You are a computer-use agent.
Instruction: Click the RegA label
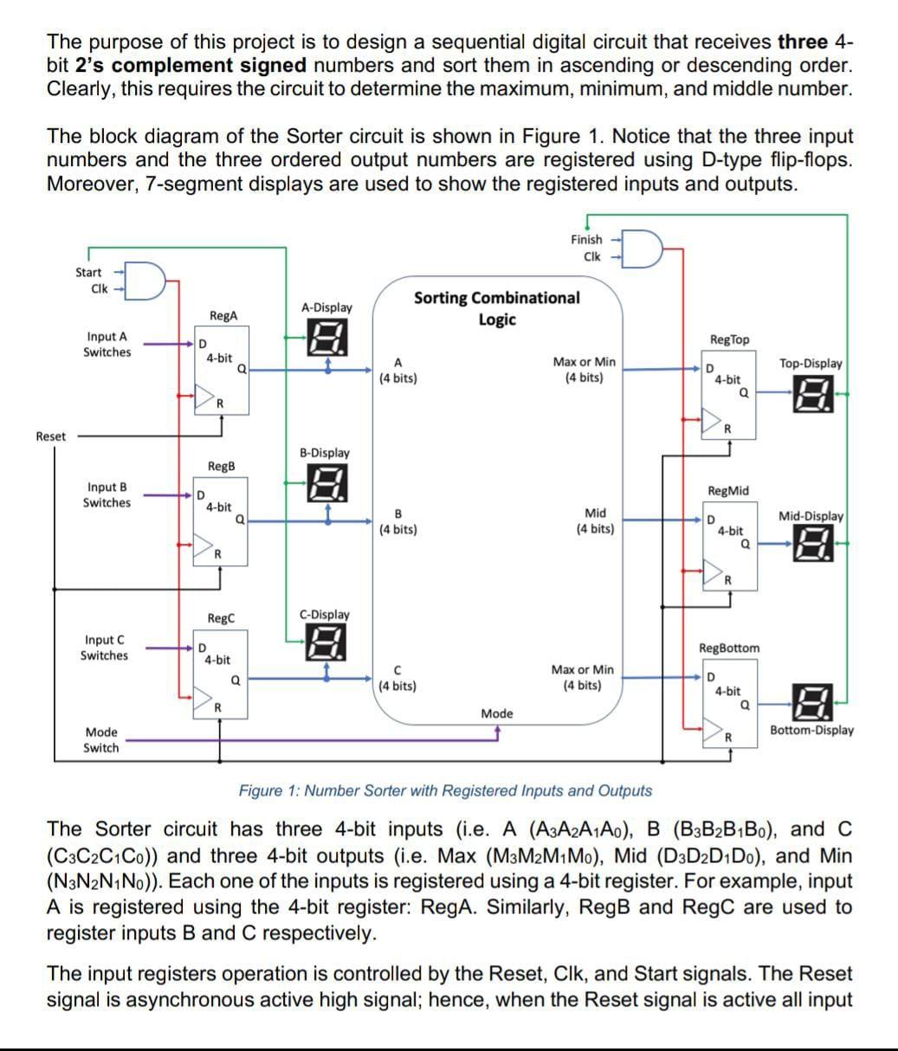click(223, 316)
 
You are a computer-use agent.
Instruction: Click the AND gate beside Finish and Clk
click(643, 247)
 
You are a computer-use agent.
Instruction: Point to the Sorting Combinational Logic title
click(496, 308)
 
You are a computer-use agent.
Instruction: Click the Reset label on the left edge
click(50, 436)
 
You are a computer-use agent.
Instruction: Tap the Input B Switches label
click(107, 494)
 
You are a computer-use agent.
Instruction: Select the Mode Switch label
click(101, 740)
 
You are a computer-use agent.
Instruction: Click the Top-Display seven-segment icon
click(820, 394)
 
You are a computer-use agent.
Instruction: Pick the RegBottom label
click(729, 648)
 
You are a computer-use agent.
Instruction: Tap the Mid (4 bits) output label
click(596, 520)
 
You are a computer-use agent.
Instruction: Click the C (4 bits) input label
click(397, 678)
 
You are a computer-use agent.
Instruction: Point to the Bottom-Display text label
click(811, 730)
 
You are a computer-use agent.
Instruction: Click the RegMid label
click(728, 491)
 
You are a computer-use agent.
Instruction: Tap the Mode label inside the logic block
click(497, 713)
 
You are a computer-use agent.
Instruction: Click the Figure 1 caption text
click(445, 790)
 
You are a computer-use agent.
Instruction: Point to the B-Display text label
click(325, 453)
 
